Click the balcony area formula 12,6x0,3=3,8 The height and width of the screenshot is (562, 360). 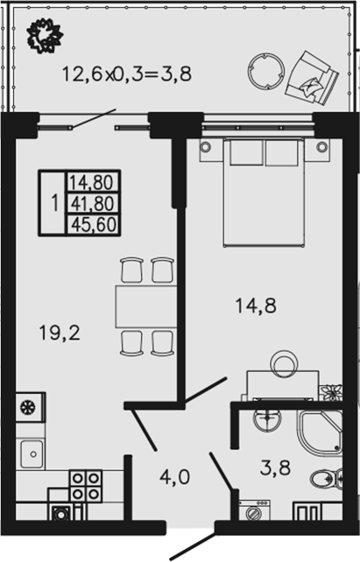coord(127,74)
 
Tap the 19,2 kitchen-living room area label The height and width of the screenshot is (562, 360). coord(60,333)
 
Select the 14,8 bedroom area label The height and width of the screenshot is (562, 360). coord(256,306)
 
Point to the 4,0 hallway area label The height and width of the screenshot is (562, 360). coord(174,477)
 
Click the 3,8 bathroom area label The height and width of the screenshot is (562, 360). coord(275,467)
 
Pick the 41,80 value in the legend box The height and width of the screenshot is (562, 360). coord(93,204)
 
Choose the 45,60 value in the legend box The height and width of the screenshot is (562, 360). coord(93,225)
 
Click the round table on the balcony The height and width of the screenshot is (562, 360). coord(266,71)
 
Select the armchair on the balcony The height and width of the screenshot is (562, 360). coord(312,78)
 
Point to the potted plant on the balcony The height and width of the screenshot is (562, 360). coord(46,36)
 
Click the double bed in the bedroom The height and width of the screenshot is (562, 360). coord(263,192)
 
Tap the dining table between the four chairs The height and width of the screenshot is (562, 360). coord(146,306)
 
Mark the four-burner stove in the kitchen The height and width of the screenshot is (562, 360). coord(85,486)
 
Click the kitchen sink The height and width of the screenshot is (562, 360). coord(32,453)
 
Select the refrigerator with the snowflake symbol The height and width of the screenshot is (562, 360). coord(31,406)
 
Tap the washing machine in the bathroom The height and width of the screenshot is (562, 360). coord(254,509)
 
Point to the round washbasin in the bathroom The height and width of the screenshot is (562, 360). coord(267,419)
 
